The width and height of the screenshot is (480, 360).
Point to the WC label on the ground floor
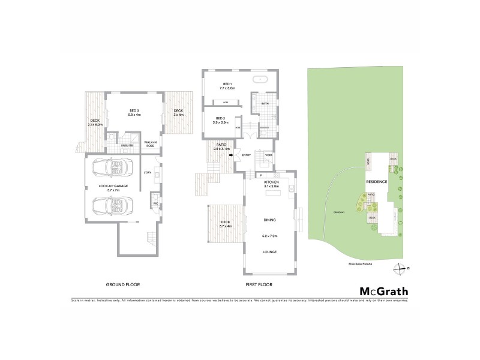click(x=155, y=203)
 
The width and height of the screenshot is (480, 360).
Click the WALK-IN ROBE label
click(x=150, y=144)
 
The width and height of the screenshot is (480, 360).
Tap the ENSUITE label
click(x=127, y=145)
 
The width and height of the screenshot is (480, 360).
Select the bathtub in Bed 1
click(x=262, y=79)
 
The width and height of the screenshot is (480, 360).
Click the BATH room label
click(x=265, y=103)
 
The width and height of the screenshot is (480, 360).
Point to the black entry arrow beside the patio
click(x=230, y=155)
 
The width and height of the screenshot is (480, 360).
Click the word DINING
click(x=269, y=220)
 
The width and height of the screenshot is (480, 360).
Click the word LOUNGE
click(x=269, y=252)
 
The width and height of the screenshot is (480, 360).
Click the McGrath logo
click(x=383, y=292)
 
